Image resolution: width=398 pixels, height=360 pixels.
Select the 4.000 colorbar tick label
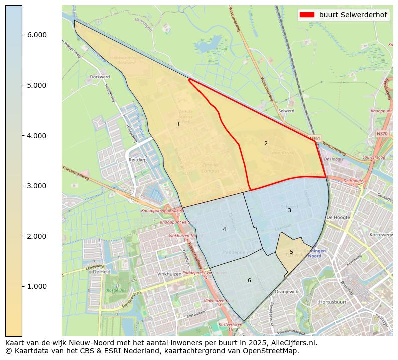tap(37, 136)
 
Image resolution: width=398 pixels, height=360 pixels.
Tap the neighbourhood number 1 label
tap(178, 124)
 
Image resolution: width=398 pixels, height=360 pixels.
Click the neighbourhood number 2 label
tap(266, 143)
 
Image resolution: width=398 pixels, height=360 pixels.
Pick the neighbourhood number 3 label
tap(289, 210)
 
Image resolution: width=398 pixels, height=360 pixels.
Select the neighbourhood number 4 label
tap(224, 229)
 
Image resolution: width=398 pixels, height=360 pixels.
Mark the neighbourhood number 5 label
tap(291, 252)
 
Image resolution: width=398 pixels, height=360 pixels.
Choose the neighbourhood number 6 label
tap(249, 280)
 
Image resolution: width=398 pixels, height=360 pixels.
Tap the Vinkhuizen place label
tap(168, 274)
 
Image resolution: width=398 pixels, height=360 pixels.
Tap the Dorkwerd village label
tap(100, 77)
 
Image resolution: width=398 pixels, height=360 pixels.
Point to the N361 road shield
tap(314, 138)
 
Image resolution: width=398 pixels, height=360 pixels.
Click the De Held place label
tap(101, 272)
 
